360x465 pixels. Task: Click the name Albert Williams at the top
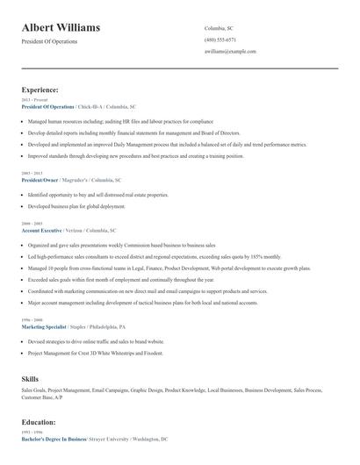click(61, 27)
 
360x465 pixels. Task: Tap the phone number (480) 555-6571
click(220, 40)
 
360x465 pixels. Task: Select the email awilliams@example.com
click(230, 52)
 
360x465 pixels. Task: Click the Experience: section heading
click(40, 89)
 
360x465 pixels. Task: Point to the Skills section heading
click(30, 378)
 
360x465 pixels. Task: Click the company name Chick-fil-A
click(90, 106)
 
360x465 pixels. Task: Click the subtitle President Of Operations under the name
click(49, 41)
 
